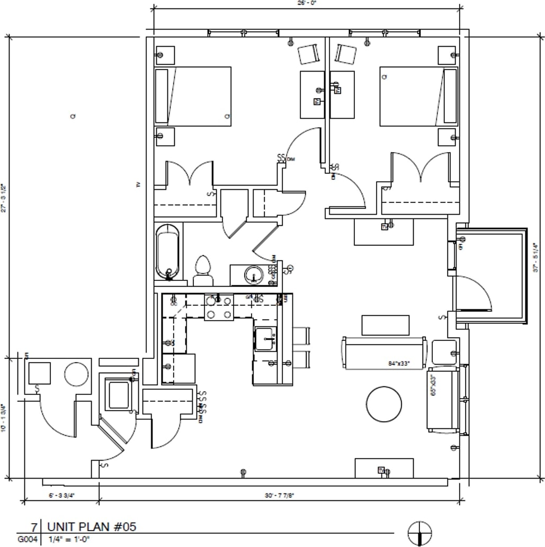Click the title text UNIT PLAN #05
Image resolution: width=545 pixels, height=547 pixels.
(92, 527)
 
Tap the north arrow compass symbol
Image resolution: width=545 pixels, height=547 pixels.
(419, 533)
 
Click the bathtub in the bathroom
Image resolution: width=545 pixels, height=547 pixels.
(168, 252)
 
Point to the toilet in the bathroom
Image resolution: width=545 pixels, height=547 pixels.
(203, 270)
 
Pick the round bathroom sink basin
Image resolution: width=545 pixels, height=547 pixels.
(254, 275)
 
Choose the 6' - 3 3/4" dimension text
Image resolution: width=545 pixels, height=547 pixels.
(62, 496)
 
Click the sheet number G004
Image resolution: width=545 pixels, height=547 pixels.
(28, 540)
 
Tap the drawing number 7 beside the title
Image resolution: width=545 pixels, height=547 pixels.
(33, 527)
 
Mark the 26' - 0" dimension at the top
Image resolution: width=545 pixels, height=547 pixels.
(308, 3)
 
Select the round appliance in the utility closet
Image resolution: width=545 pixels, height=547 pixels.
(76, 374)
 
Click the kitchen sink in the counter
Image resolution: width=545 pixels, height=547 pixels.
(265, 339)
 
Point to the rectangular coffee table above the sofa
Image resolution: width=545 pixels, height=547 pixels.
(385, 325)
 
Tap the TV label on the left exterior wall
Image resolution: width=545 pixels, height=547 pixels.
(138, 185)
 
